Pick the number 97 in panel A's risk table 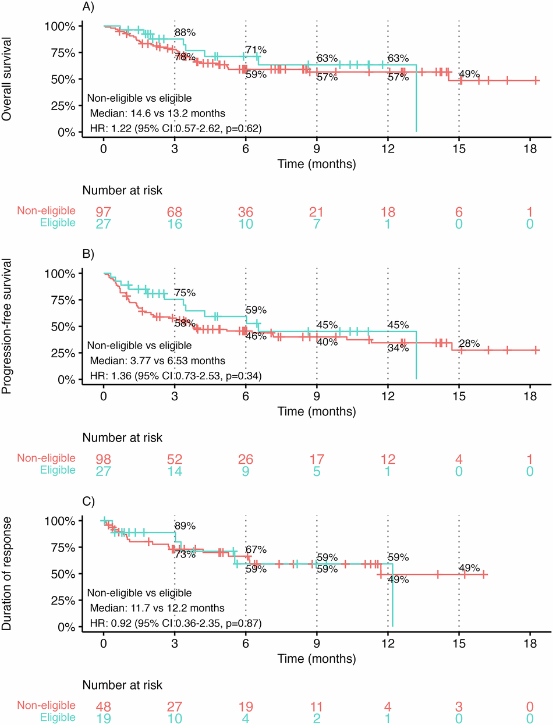point(103,212)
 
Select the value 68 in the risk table point(174,212)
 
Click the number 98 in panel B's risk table point(103,459)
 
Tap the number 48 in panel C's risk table point(103,706)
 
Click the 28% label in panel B point(469,344)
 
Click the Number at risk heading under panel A point(122,190)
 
